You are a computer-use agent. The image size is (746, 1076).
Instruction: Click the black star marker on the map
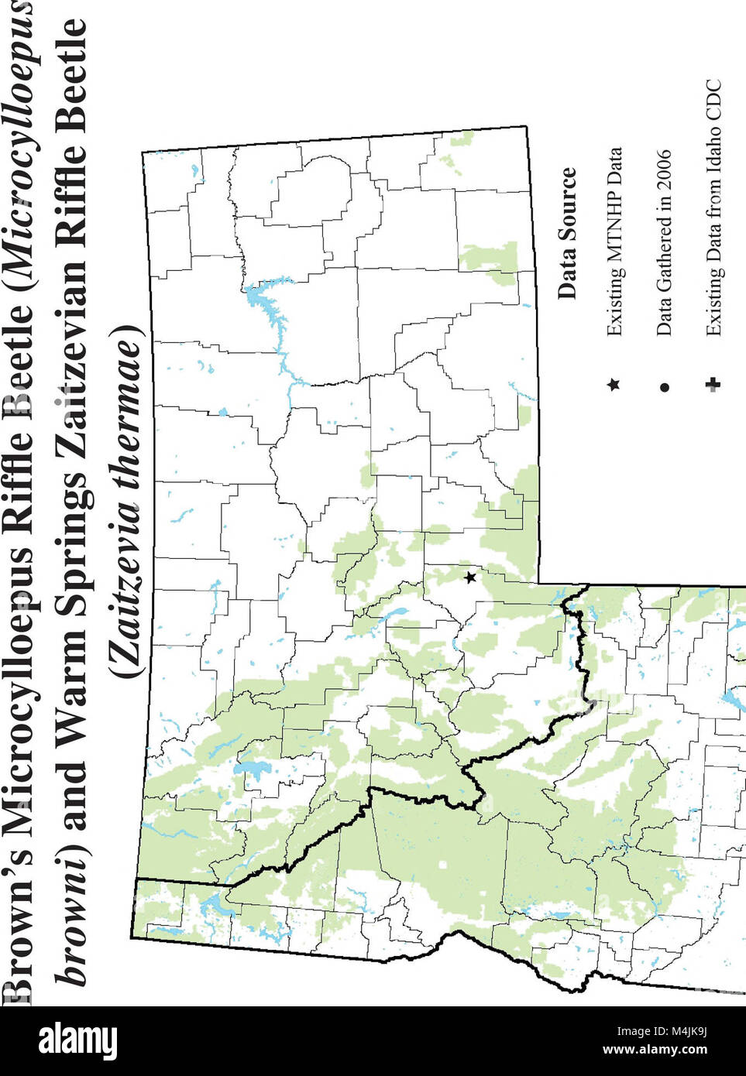pos(469,577)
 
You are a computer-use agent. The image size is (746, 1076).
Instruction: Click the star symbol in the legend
pos(614,385)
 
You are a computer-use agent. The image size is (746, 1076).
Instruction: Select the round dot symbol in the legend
pos(664,386)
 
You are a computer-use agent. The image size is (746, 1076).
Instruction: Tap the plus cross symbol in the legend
pos(713,385)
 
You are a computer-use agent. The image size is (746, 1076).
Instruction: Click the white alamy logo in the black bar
pos(78,1040)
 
